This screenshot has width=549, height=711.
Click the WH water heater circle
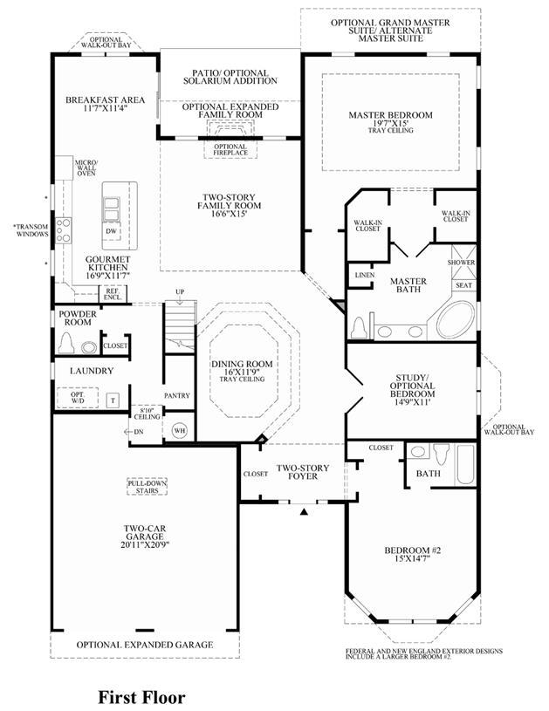click(180, 430)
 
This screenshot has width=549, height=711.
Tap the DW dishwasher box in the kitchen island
click(112, 231)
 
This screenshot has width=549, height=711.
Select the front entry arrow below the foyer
click(305, 511)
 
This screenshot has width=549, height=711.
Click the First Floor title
click(142, 697)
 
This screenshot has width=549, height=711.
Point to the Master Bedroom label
click(390, 115)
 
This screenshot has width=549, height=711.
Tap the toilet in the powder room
click(66, 343)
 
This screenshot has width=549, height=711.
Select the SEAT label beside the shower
click(463, 285)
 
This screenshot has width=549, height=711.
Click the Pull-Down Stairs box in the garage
click(147, 487)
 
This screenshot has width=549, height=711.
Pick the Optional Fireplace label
click(230, 150)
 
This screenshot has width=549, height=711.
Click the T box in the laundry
click(113, 400)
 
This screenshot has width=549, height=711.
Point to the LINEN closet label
click(365, 276)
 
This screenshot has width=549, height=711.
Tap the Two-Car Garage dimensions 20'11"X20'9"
click(145, 544)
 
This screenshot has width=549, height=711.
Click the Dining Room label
click(242, 364)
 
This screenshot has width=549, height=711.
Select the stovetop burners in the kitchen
click(63, 230)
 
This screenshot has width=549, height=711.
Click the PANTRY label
click(177, 395)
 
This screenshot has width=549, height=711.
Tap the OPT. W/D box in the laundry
click(78, 398)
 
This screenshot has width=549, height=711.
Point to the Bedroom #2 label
click(413, 550)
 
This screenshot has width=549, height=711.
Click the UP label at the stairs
click(180, 291)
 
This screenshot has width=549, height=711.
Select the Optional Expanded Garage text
click(145, 645)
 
